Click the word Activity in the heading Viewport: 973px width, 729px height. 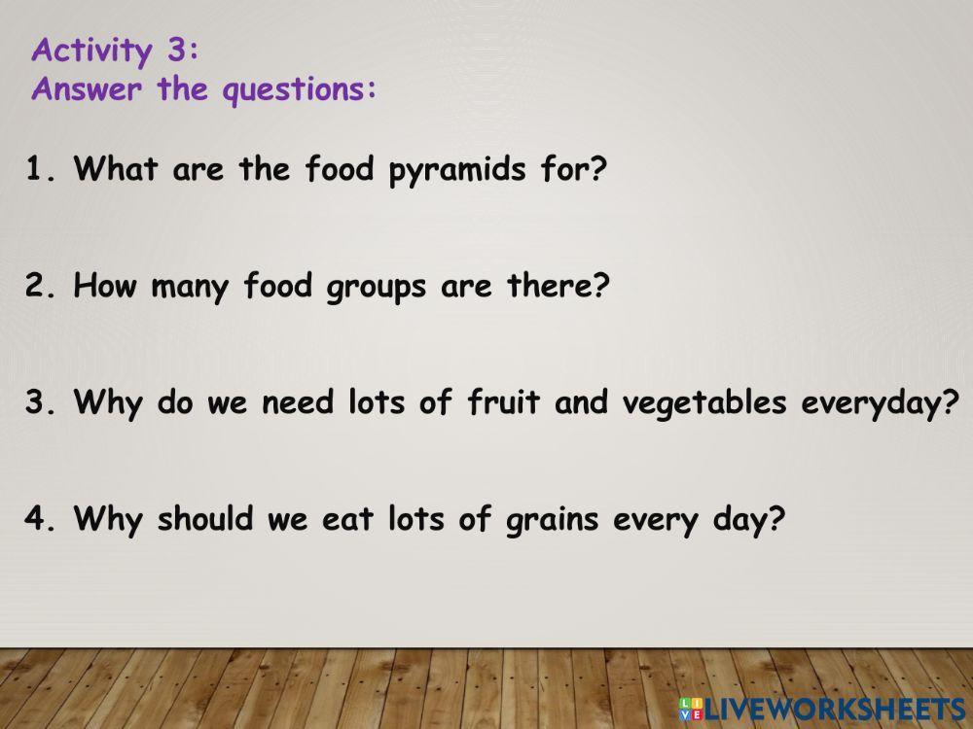[x=91, y=51]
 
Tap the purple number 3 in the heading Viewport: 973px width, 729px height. [x=176, y=49]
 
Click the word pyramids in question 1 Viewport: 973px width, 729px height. [x=457, y=169]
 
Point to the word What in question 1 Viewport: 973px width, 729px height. [x=116, y=167]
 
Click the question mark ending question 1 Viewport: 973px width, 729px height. [x=595, y=167]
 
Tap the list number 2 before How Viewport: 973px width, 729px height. [x=35, y=286]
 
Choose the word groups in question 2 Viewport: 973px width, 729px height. [x=377, y=287]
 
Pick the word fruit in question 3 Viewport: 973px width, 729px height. [x=503, y=401]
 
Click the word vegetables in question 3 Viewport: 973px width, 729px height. [x=704, y=403]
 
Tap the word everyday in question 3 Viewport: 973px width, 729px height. [x=873, y=404]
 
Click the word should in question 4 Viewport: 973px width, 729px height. [x=205, y=518]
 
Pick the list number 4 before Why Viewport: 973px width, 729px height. [x=35, y=518]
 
